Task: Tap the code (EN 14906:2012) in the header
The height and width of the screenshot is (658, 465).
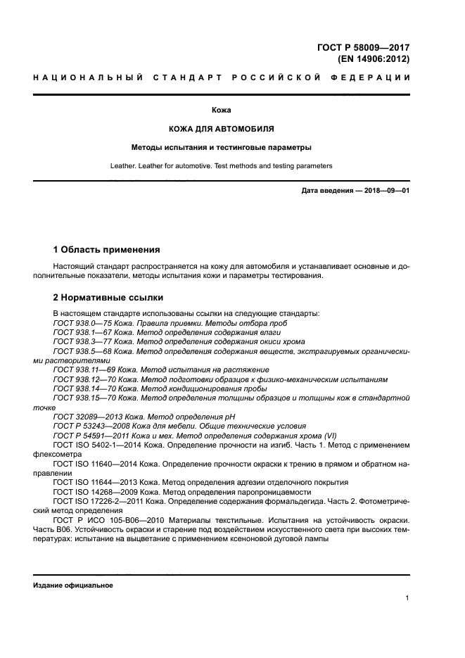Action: point(374,59)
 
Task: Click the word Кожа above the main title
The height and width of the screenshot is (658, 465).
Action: point(222,110)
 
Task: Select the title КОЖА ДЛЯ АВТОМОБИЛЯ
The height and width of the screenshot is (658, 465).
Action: point(222,129)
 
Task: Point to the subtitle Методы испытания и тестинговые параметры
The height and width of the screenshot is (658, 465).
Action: point(222,148)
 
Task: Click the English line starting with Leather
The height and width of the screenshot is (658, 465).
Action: point(222,166)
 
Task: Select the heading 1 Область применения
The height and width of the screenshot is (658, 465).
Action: point(106,250)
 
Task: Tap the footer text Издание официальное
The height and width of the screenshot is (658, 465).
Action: point(73,586)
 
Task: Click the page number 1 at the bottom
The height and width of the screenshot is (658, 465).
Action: point(407,597)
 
